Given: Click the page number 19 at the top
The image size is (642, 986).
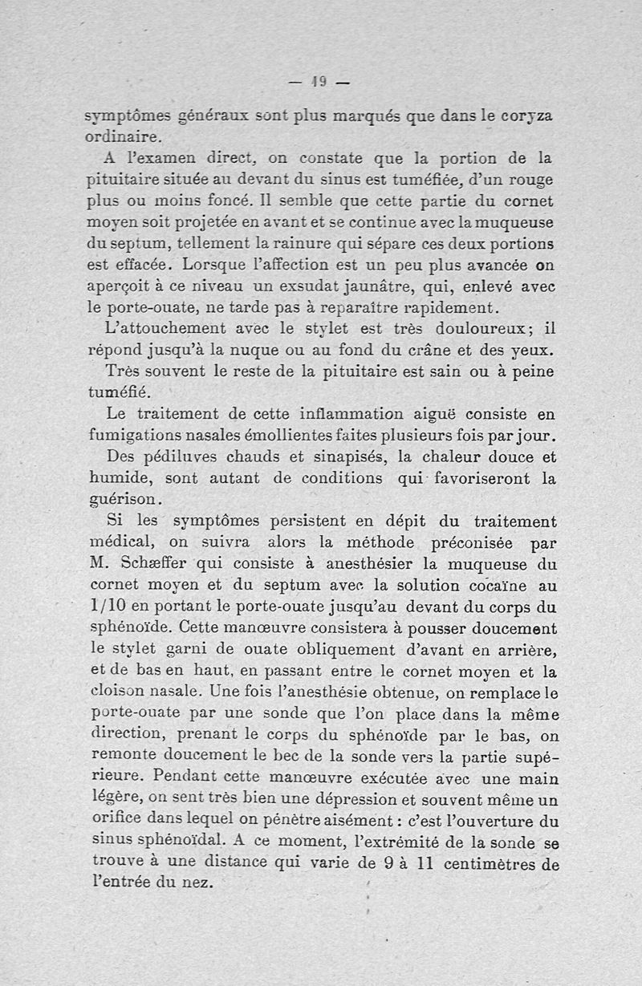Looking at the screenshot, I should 319,80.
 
